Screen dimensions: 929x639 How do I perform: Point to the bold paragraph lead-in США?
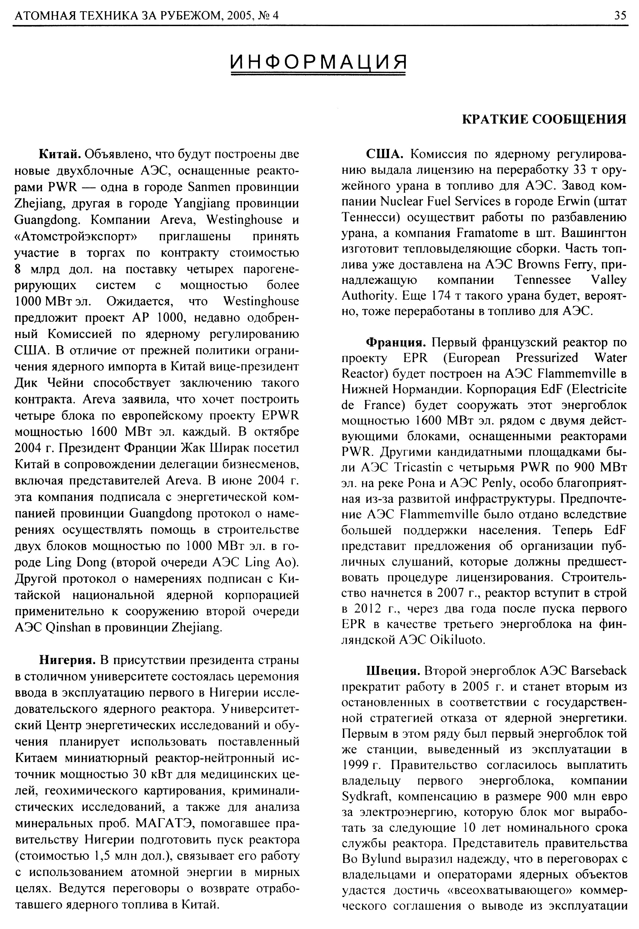(x=384, y=154)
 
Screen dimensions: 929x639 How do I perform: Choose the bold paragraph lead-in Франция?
(x=396, y=342)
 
